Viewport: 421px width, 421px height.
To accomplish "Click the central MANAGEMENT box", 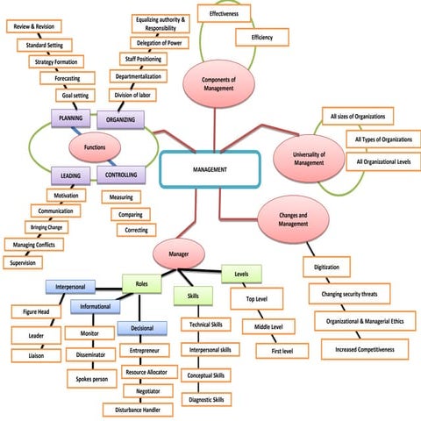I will pyautogui.click(x=210, y=168).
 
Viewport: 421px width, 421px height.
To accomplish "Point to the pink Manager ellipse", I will pyautogui.click(x=178, y=255).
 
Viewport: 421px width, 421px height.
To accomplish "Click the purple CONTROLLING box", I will pyautogui.click(x=120, y=175).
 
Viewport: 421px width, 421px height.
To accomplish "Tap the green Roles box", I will pyautogui.click(x=141, y=283).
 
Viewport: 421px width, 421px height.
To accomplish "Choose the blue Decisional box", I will pyautogui.click(x=141, y=329).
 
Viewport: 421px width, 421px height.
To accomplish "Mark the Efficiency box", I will pyautogui.click(x=262, y=38).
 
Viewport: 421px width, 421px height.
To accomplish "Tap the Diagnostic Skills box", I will pyautogui.click(x=207, y=399).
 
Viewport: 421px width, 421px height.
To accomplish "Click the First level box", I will pyautogui.click(x=282, y=350).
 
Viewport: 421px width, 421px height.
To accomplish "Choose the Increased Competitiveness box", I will pyautogui.click(x=364, y=350).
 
